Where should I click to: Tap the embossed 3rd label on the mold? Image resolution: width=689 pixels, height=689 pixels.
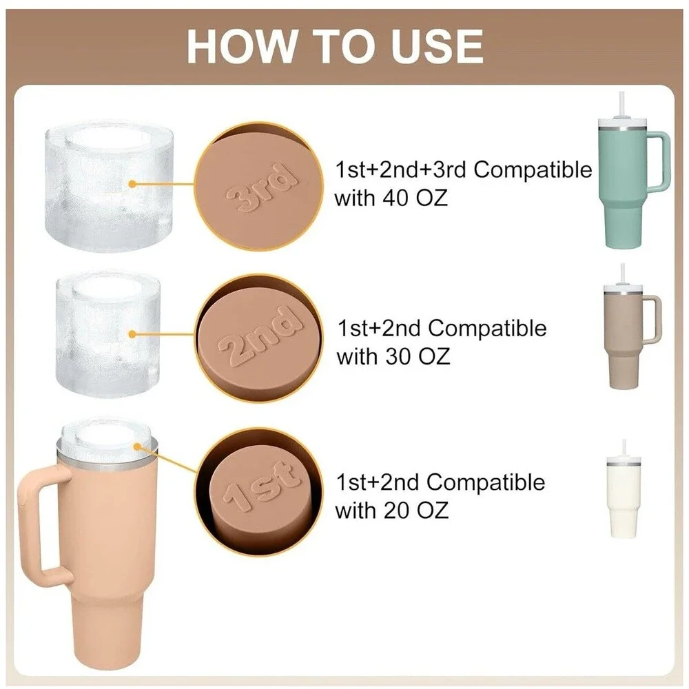pos(260,187)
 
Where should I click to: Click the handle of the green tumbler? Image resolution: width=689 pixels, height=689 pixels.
pos(659,161)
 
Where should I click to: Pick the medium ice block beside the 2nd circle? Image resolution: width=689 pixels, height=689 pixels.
pos(108,334)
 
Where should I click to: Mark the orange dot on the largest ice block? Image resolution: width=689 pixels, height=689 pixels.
pos(132,184)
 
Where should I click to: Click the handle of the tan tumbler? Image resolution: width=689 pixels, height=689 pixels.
pos(653,318)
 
